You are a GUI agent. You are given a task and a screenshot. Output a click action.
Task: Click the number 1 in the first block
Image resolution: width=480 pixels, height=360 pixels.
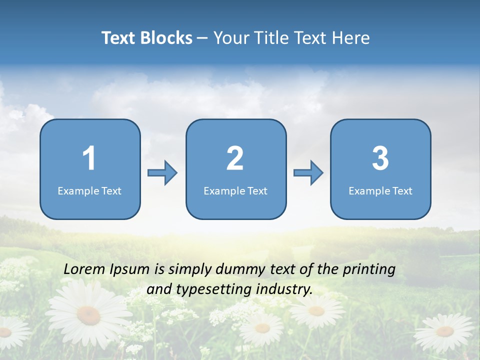pos(89,158)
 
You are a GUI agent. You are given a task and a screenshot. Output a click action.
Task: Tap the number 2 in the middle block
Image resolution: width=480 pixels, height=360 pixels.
pos(235,158)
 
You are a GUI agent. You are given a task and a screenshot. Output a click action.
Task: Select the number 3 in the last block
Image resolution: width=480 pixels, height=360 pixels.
pos(380,158)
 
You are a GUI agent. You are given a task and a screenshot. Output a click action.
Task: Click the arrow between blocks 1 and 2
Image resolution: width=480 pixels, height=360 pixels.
pos(162,173)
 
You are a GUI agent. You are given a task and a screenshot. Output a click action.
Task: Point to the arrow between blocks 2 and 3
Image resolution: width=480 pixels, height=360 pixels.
pos(308,173)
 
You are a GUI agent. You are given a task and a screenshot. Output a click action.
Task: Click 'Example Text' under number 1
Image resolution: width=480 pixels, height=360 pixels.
pos(89,190)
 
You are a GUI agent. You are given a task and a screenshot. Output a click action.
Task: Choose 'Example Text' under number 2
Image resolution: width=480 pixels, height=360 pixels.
pos(235,190)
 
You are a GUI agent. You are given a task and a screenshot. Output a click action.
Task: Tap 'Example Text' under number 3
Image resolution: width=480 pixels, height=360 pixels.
pos(380,190)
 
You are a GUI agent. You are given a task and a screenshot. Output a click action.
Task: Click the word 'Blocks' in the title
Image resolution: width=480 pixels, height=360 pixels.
pos(166,38)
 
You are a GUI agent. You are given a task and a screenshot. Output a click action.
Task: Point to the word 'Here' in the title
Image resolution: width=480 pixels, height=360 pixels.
pos(351,38)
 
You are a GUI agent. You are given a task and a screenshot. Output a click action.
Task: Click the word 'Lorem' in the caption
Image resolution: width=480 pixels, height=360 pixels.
pos(84,269)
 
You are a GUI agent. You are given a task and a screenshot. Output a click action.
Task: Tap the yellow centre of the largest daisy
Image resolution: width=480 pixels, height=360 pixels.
pos(88,314)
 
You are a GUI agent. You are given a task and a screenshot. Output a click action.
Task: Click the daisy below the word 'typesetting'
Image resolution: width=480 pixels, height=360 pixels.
pos(261,328)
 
